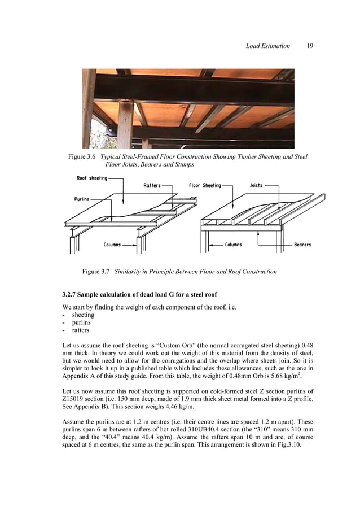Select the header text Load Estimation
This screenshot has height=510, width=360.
(x=267, y=46)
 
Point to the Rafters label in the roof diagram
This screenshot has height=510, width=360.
(x=152, y=185)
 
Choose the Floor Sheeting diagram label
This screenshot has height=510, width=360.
(x=205, y=185)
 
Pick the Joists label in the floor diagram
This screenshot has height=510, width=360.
(x=256, y=185)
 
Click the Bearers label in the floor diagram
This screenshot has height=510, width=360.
(x=302, y=245)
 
